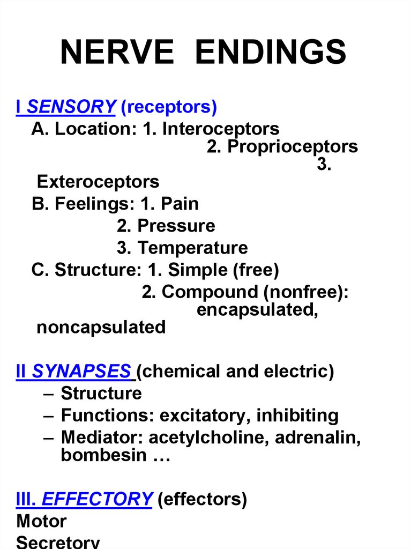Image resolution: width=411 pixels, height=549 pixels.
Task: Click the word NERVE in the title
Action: click(117, 52)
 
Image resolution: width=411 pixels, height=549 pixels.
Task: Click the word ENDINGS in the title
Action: click(271, 52)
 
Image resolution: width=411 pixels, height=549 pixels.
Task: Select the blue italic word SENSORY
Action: click(71, 107)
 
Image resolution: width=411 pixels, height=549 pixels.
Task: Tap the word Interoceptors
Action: click(221, 129)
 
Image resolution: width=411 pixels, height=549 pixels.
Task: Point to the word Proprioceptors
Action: click(293, 146)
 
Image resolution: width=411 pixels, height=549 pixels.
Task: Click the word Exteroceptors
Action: click(98, 182)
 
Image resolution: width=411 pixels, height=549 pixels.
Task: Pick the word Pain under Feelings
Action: click(180, 203)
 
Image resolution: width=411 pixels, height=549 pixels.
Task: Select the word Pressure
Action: click(176, 226)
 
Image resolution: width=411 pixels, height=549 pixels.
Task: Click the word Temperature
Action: click(192, 248)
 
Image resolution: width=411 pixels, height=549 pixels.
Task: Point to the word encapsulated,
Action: click(257, 310)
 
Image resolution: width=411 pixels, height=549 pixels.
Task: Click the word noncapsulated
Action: click(101, 328)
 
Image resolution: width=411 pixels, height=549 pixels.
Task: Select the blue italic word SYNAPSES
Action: click(81, 371)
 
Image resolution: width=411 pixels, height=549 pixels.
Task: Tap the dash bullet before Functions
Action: click(49, 416)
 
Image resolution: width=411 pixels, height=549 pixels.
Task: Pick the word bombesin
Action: click(103, 455)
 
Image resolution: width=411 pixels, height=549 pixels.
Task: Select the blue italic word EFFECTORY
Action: click(96, 499)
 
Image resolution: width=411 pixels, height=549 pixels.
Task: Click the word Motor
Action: click(41, 521)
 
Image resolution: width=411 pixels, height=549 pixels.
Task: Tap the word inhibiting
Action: click(297, 416)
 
